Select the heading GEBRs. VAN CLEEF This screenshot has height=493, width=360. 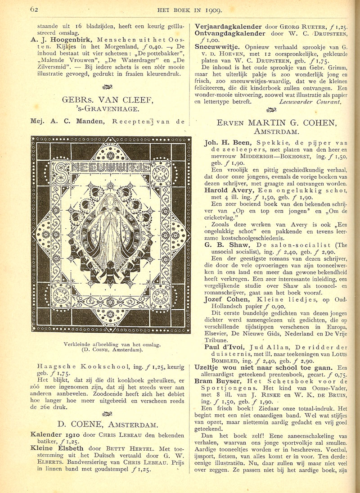(111, 100)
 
